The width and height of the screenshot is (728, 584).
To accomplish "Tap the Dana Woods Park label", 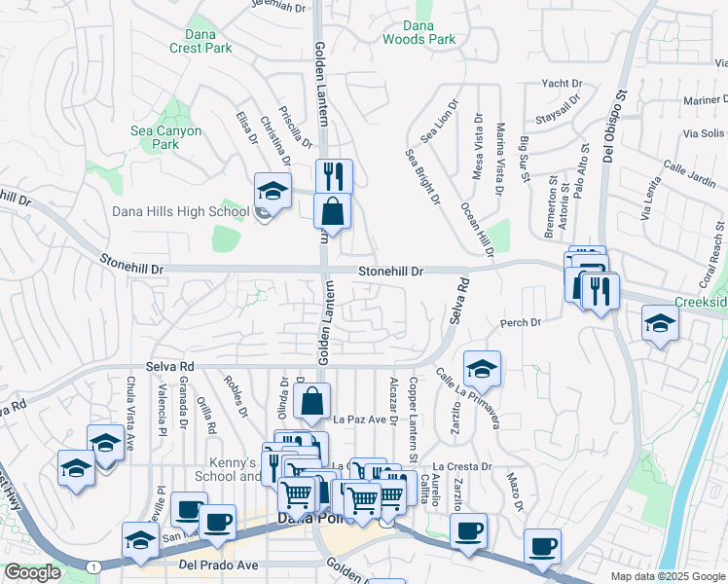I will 419,32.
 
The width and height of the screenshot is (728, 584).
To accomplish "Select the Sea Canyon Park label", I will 166,137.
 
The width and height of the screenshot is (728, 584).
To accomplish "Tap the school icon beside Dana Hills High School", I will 273,191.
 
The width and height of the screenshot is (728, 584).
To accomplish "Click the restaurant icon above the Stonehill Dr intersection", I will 334,177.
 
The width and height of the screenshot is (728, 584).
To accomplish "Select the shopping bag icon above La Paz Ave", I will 312,401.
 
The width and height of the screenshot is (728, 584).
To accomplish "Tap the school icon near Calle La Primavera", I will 481,370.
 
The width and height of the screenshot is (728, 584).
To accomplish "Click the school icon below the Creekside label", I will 661,324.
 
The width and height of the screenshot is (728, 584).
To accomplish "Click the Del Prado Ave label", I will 218,565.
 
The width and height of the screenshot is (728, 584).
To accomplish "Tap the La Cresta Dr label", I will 462,467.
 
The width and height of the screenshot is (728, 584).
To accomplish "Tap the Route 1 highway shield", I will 92,566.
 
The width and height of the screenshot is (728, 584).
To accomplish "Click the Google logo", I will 32,572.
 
